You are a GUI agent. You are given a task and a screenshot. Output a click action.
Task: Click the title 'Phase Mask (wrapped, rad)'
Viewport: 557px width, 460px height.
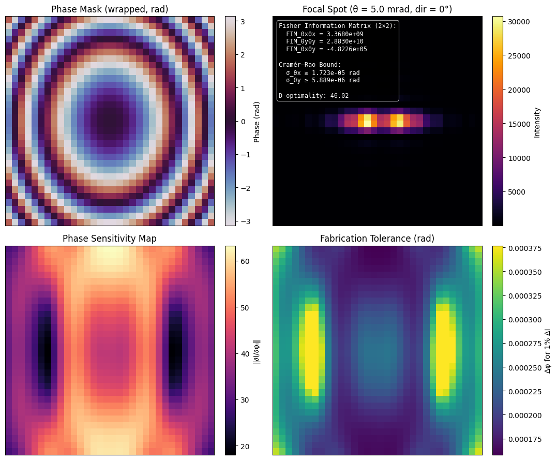click(x=110, y=9)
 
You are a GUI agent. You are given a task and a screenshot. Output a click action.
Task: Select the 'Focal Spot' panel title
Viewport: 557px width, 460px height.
click(x=377, y=9)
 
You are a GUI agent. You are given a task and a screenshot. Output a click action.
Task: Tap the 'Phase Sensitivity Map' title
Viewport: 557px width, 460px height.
click(x=110, y=239)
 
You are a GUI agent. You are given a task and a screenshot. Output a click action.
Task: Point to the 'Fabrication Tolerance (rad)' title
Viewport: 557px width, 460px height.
click(x=377, y=239)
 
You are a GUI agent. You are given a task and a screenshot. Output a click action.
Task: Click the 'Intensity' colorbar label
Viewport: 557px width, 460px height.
click(x=537, y=122)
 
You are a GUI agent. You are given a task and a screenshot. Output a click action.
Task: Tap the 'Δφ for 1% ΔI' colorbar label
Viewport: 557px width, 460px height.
click(x=548, y=350)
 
